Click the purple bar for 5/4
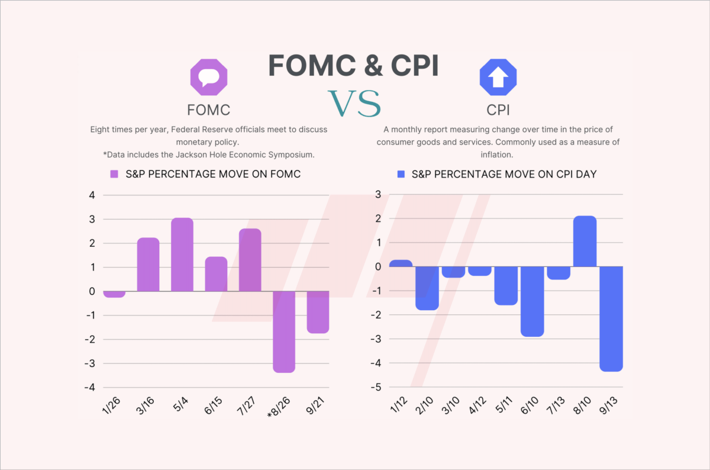[x=182, y=255]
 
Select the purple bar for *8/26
[x=284, y=331]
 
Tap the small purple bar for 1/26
[x=114, y=294]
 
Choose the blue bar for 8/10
[x=585, y=242]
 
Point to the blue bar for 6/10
[x=532, y=301]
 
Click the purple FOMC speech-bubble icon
[x=208, y=78]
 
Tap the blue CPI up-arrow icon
[x=498, y=78]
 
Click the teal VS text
[x=354, y=104]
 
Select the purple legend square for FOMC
[x=115, y=174]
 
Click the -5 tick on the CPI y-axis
[x=377, y=387]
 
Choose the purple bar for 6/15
[x=217, y=274]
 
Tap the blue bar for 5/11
[x=506, y=285]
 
